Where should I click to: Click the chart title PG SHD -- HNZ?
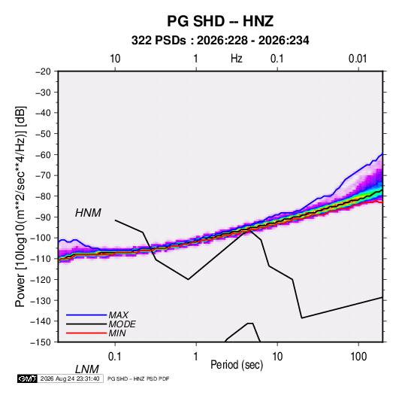(x=220, y=21)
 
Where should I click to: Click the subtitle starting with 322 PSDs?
(x=220, y=41)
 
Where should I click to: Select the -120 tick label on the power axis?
(x=41, y=280)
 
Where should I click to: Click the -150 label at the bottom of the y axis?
(x=41, y=342)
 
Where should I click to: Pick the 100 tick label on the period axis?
(x=358, y=357)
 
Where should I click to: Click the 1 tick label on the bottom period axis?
(x=196, y=357)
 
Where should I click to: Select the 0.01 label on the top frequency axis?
(x=358, y=59)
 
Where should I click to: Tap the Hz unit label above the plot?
(x=237, y=59)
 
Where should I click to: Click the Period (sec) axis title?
(x=237, y=365)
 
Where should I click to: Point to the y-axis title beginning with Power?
(x=20, y=206)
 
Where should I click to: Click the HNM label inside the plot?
(x=88, y=213)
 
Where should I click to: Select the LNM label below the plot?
(x=86, y=369)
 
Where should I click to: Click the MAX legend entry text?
(x=118, y=315)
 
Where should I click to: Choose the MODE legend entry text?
(x=122, y=324)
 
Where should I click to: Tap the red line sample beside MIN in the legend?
(x=86, y=333)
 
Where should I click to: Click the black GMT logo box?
(x=27, y=378)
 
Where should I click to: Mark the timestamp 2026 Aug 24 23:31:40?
(x=70, y=378)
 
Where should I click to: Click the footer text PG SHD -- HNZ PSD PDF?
(x=138, y=378)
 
